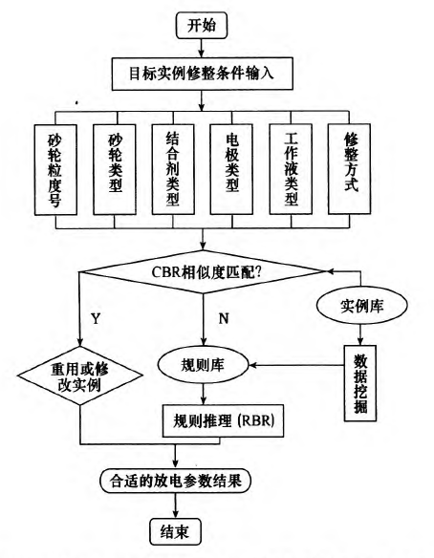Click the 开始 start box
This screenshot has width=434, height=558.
pos(202,26)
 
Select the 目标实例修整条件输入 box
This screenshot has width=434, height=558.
pos(203,74)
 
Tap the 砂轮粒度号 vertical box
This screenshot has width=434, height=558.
pos(55,170)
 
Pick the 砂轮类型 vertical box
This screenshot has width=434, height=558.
pos(115,169)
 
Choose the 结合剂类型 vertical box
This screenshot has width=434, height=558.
pos(173,169)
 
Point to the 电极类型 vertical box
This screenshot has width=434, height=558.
pos(231,169)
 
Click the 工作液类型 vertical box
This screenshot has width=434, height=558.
pos(291,169)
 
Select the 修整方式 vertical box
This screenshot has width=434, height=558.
pos(349,169)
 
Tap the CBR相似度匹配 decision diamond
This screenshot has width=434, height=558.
pos(203,272)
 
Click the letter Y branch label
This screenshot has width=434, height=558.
pos(96,318)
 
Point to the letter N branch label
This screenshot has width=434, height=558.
pos(224,318)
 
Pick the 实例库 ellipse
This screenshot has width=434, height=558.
pos(361,307)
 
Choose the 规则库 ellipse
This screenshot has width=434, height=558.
pos(203,365)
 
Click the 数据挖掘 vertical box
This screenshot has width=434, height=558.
pos(360,383)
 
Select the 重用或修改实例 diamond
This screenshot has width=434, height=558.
pos(80,376)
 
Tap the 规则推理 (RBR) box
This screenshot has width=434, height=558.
pos(224,421)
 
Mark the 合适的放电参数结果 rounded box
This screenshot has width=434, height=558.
pos(176,482)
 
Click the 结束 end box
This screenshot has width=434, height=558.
pos(175,532)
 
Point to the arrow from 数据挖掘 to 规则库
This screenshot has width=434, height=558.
pos(296,365)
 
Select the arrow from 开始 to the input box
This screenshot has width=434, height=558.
pos(202,48)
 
